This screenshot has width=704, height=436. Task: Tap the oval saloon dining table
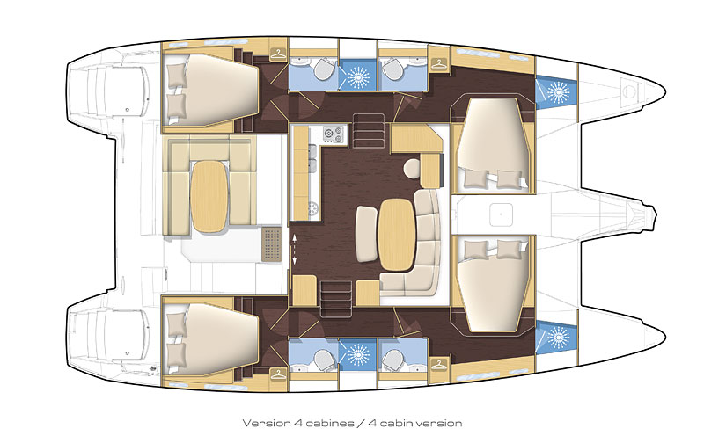click(x=394, y=232)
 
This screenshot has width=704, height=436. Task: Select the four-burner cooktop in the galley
click(x=334, y=136)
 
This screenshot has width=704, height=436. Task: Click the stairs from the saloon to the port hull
click(x=365, y=124)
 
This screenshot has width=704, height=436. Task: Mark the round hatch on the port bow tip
click(x=628, y=89)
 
